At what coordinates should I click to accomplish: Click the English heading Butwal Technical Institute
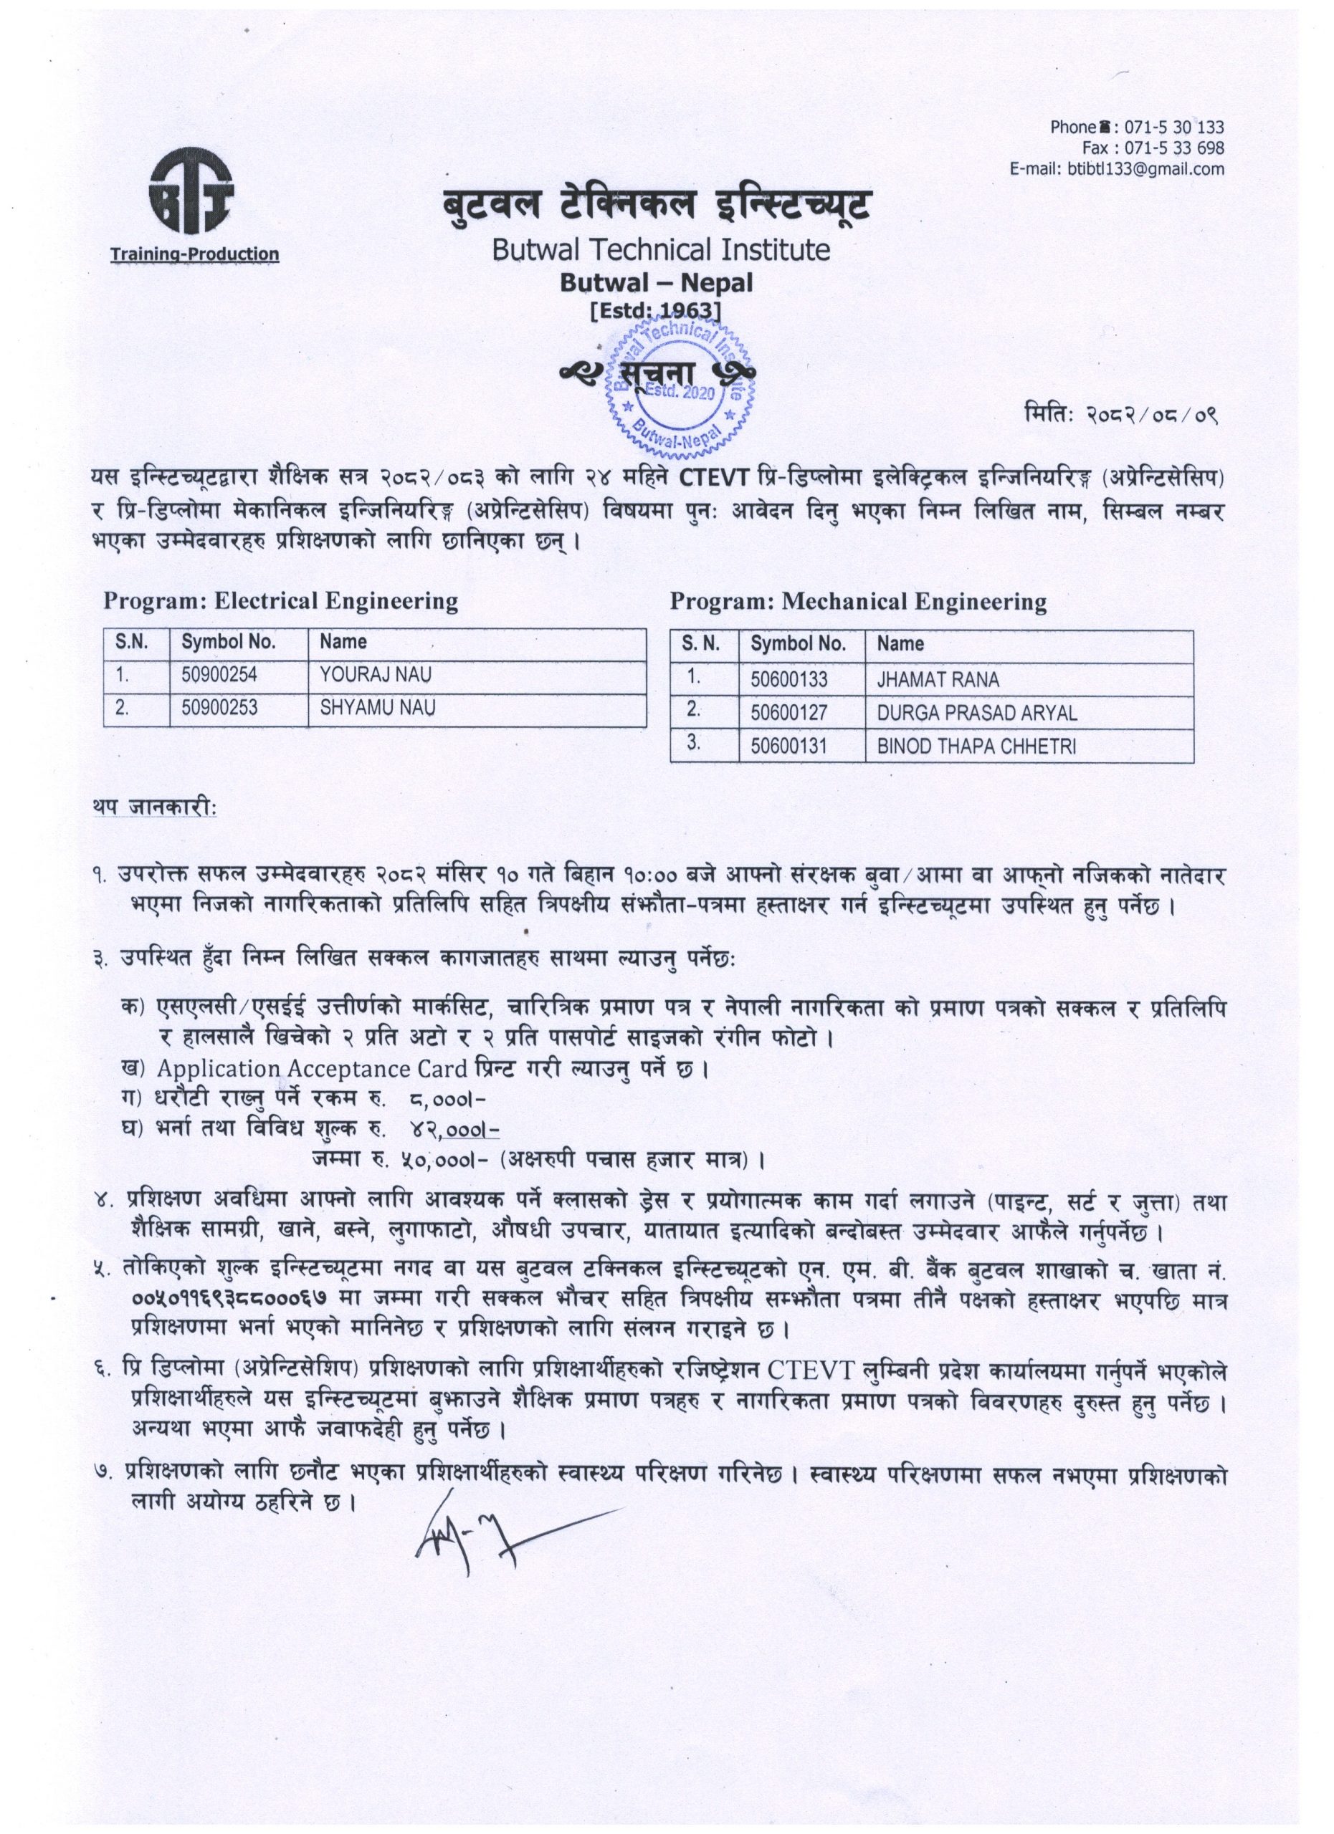pos(661,249)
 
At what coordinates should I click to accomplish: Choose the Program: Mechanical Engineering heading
pos(858,602)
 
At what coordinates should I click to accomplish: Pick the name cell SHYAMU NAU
pos(377,709)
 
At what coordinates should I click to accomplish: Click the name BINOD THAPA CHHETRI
pos(976,746)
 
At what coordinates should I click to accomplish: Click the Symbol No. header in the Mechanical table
pos(798,645)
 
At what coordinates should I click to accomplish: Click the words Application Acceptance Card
pos(313,1069)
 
